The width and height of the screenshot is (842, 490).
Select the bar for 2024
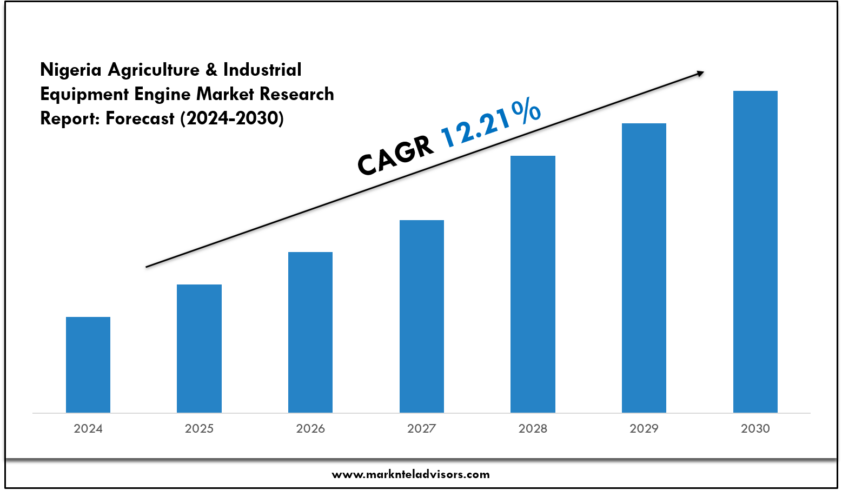88,365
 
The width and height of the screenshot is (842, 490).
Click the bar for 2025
199,349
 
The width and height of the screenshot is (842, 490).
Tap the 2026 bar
310,333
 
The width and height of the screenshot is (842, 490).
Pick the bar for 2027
422,316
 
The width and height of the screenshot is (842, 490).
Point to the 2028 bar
533,284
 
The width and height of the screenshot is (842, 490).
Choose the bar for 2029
644,268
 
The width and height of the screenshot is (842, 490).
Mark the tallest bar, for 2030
755,252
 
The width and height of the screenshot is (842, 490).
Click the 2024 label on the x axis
88,428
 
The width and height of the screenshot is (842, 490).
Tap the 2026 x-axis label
310,428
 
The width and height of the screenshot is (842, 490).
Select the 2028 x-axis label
533,428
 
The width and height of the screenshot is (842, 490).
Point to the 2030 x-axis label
755,428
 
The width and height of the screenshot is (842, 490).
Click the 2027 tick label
422,428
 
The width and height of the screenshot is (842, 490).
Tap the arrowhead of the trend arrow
700,73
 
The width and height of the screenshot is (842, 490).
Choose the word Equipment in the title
85,94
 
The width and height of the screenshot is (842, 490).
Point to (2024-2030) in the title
231,118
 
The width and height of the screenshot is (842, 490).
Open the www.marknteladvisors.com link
410,474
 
